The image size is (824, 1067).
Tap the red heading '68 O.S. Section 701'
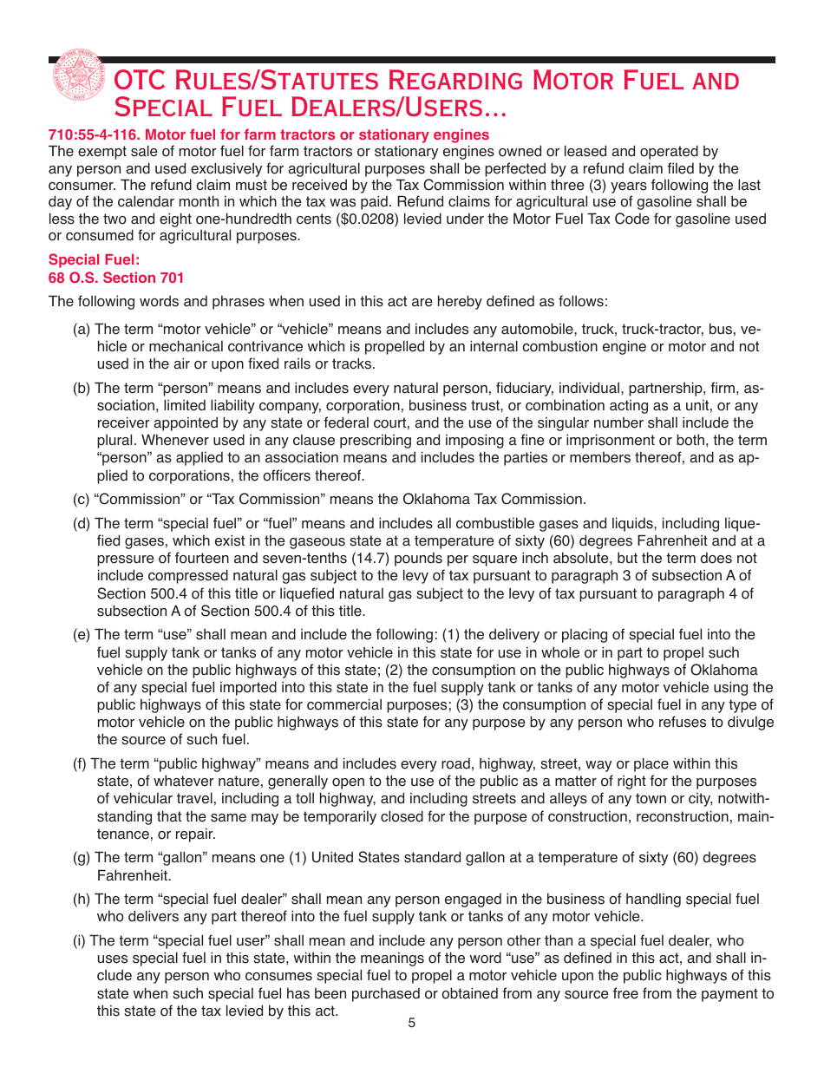[x=115, y=278]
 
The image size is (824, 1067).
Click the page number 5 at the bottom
[x=412, y=1023]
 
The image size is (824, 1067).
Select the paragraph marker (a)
[x=82, y=329]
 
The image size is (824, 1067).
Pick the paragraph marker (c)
[x=82, y=499]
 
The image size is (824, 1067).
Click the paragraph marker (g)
[x=82, y=858]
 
